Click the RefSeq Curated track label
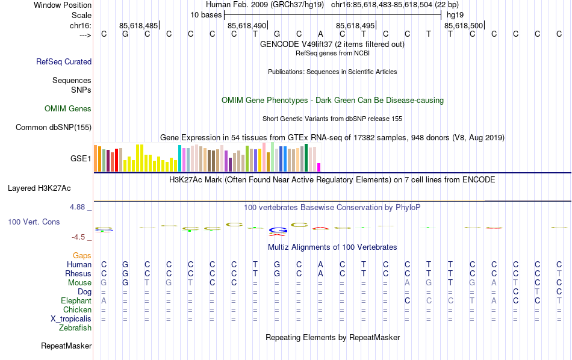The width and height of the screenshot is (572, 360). click(x=64, y=61)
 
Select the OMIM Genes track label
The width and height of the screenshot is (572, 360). click(x=68, y=109)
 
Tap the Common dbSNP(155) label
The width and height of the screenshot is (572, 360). click(x=54, y=127)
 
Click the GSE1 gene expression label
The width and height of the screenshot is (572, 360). click(x=81, y=159)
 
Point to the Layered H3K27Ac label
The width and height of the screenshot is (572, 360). click(x=39, y=188)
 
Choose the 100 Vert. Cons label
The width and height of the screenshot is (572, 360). click(x=34, y=222)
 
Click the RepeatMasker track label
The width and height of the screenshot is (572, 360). click(x=66, y=346)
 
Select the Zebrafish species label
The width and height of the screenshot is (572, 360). click(x=75, y=328)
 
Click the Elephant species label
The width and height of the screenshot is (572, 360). click(x=76, y=301)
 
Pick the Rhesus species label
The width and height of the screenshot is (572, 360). click(x=78, y=274)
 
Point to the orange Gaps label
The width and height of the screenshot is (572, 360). click(x=82, y=256)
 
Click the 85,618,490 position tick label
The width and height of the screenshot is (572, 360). click(x=247, y=26)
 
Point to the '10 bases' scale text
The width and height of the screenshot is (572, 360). click(x=206, y=14)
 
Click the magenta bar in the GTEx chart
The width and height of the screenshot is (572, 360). click(x=319, y=167)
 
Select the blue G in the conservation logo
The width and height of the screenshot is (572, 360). click(x=277, y=229)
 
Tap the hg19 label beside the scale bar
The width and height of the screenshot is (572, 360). click(x=455, y=14)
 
